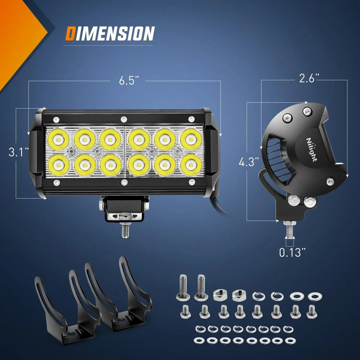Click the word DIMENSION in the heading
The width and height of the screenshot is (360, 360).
click(x=110, y=33)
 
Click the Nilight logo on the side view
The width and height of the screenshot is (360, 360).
click(x=311, y=149)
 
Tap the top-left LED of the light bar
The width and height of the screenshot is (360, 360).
click(x=58, y=139)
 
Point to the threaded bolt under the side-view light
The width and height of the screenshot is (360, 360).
click(x=289, y=229)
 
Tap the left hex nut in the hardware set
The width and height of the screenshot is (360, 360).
click(x=219, y=295)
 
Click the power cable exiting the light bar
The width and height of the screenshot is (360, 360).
click(x=220, y=205)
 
